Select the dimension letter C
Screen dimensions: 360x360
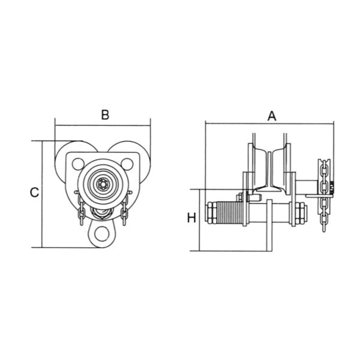click(35, 193)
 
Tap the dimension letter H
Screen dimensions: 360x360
click(191, 218)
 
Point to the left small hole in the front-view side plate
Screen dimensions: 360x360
click(76, 163)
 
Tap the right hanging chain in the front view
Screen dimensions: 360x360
click(125, 210)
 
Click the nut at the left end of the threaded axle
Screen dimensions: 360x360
click(212, 213)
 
